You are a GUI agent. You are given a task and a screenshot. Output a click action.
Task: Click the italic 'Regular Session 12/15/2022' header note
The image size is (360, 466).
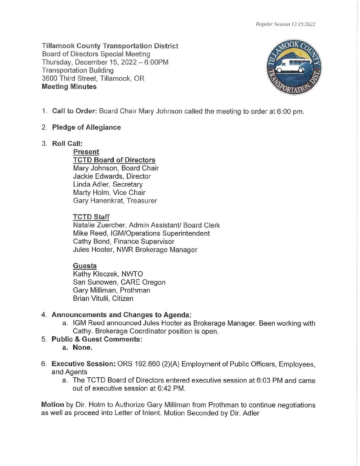(x=285, y=24)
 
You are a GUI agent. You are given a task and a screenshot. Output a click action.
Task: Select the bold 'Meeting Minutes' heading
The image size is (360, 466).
(x=69, y=87)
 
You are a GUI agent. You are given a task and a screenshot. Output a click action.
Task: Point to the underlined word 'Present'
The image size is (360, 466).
(x=86, y=152)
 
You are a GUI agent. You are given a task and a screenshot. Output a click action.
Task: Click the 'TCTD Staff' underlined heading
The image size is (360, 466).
(x=91, y=217)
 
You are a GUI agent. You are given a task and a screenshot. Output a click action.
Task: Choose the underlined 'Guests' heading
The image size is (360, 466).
(x=85, y=266)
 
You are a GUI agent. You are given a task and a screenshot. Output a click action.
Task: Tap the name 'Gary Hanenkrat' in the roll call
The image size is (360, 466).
(x=98, y=201)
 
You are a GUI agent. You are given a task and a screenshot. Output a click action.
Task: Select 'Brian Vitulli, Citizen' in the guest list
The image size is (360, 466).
(x=103, y=299)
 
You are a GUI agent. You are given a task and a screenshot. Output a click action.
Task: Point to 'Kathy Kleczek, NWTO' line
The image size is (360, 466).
(x=108, y=274)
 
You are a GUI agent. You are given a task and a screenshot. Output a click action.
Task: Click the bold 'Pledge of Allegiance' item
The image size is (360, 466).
(x=86, y=127)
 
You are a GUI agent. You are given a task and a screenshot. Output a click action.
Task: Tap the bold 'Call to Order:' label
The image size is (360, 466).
(x=74, y=111)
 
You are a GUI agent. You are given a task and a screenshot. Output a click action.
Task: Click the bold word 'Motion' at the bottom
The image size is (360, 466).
(x=52, y=405)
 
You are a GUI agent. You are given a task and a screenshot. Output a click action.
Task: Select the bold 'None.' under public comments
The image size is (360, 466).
(x=82, y=348)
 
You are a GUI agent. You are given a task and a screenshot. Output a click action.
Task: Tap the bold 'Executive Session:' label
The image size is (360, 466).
(x=83, y=364)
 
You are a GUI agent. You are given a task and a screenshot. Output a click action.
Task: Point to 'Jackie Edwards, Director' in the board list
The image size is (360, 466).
(x=112, y=176)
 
